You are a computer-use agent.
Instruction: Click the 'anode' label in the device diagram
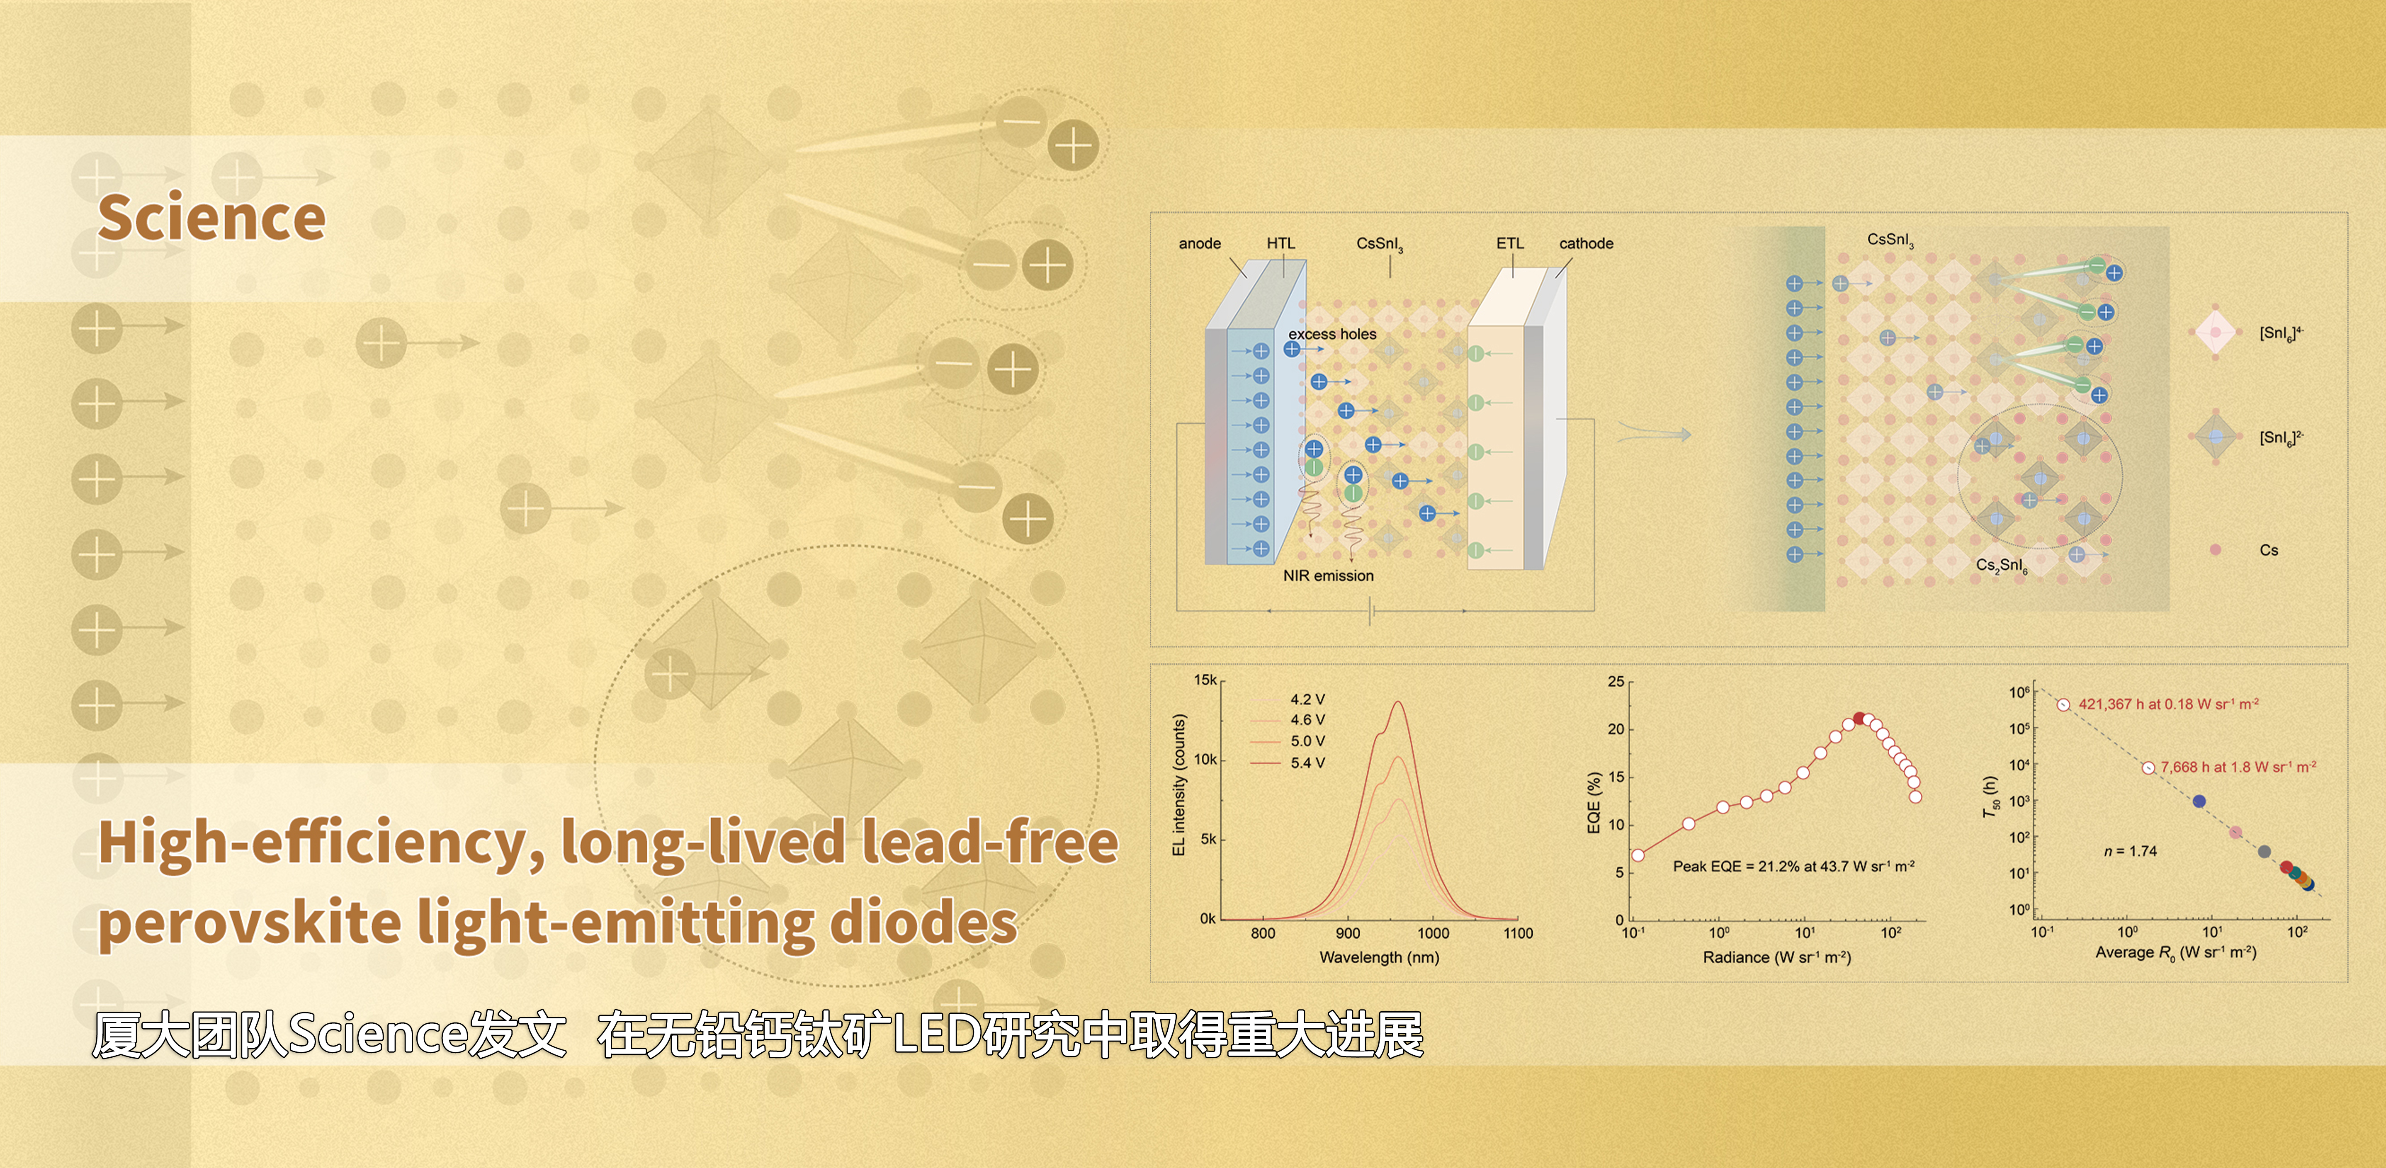point(1200,244)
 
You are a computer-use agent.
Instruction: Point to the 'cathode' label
point(1586,244)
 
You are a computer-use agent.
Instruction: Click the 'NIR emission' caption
point(1328,575)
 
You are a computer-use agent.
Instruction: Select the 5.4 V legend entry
point(1307,762)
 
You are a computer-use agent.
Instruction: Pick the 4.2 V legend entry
point(1307,699)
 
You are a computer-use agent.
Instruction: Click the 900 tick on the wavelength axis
point(1348,934)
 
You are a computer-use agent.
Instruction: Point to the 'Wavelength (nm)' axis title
point(1379,957)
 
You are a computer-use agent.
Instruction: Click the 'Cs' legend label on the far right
point(2268,550)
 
